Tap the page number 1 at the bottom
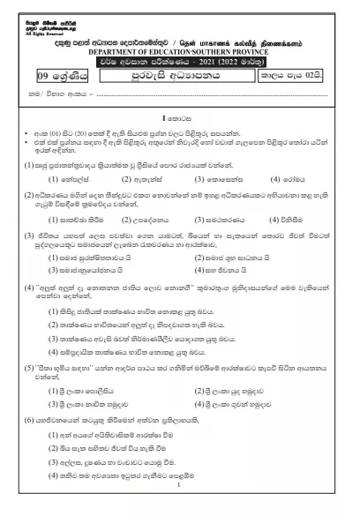coord(179,485)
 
